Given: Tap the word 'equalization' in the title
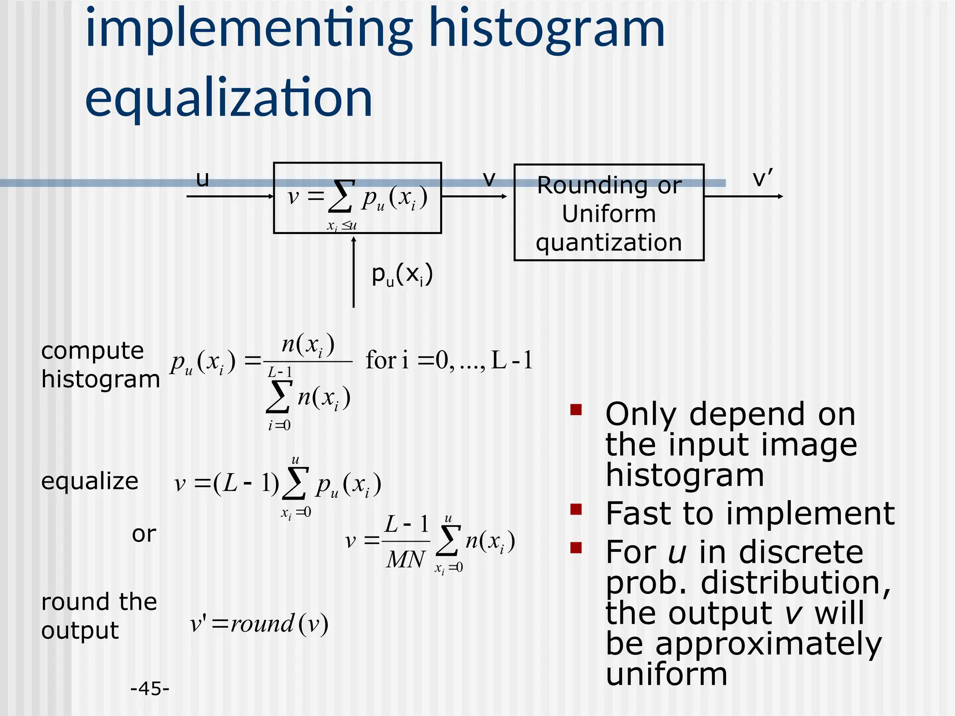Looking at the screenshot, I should click(228, 98).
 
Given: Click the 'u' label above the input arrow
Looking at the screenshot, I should click(202, 179).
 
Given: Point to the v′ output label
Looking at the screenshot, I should click(762, 179).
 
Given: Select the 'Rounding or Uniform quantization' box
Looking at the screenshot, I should click(609, 213).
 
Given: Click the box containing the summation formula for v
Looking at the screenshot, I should click(357, 198).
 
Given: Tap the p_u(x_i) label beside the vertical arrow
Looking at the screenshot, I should click(402, 275).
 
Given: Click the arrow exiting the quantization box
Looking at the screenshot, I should click(743, 196).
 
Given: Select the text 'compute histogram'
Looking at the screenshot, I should click(100, 365).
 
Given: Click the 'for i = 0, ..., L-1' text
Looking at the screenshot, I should click(449, 360).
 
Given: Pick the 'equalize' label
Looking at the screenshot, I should click(90, 481).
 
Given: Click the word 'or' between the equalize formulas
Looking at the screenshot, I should click(144, 534).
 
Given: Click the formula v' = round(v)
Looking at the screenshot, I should click(259, 624).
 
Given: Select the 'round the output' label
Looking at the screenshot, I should click(98, 616).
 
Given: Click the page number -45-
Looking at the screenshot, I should click(150, 688).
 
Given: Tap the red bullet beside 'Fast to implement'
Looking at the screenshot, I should click(576, 509).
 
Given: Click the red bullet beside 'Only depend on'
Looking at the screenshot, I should click(576, 410).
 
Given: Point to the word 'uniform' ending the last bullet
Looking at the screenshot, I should click(666, 675).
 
